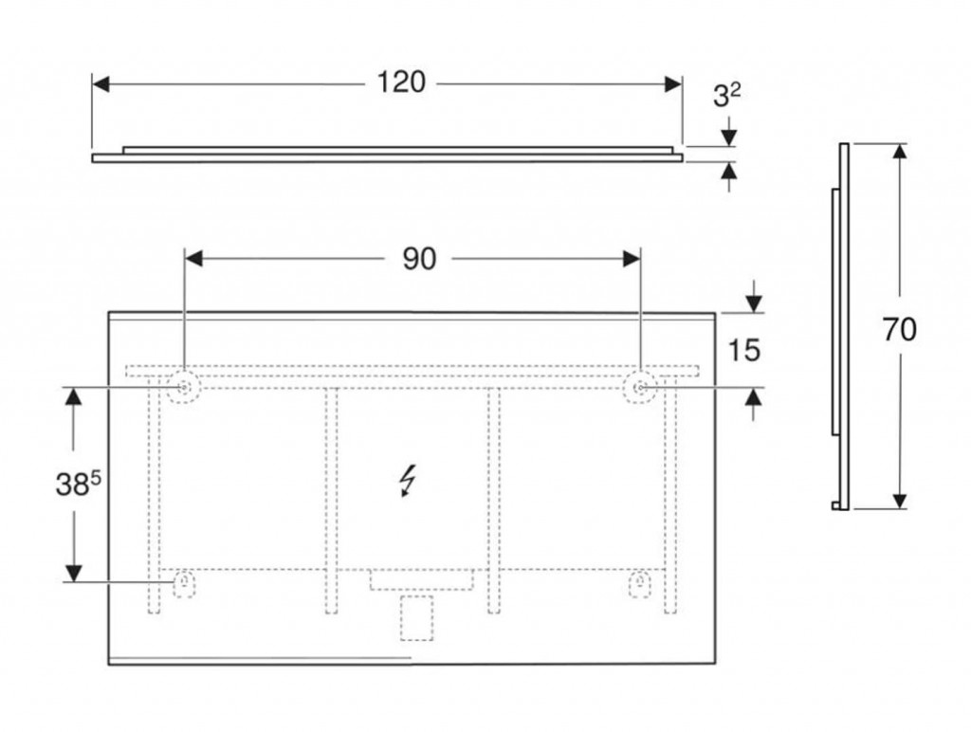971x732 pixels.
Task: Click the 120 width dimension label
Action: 401,82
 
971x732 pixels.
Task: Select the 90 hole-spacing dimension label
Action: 419,259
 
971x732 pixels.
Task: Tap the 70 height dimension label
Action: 899,329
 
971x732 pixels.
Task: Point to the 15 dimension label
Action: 743,351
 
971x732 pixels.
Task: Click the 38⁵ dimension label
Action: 78,484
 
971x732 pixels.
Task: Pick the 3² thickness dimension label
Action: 726,96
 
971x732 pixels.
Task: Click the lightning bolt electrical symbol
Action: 408,481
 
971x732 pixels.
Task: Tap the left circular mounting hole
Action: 184,388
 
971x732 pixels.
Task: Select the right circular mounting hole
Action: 640,388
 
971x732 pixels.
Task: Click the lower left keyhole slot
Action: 184,584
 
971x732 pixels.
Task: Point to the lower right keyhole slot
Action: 640,584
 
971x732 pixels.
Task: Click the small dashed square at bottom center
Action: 416,618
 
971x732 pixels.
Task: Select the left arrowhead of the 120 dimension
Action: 101,84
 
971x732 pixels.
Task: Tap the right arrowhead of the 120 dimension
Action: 673,84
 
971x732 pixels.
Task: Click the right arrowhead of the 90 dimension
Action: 632,259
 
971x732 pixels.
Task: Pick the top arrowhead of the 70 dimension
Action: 900,153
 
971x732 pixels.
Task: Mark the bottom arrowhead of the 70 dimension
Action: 900,501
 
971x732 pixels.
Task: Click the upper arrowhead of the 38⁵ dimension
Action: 74,397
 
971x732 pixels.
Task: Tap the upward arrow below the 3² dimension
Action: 729,176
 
